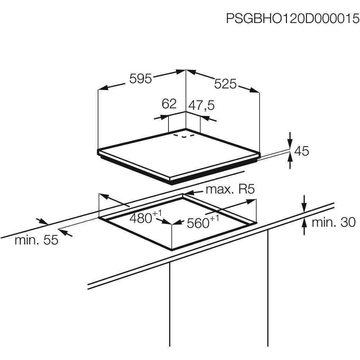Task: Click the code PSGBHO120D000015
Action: coord(293,18)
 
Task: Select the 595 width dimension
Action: coord(140,79)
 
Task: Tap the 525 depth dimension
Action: coord(225,84)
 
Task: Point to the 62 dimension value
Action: coord(169,104)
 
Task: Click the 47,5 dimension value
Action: coord(202,105)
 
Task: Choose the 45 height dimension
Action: coord(301,151)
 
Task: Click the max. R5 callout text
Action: coord(230,190)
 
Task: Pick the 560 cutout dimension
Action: coord(203,222)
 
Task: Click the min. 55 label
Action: coord(36,240)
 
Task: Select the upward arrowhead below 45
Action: coord(291,158)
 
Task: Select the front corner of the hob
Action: coord(170,178)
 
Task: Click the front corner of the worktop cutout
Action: coord(172,249)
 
